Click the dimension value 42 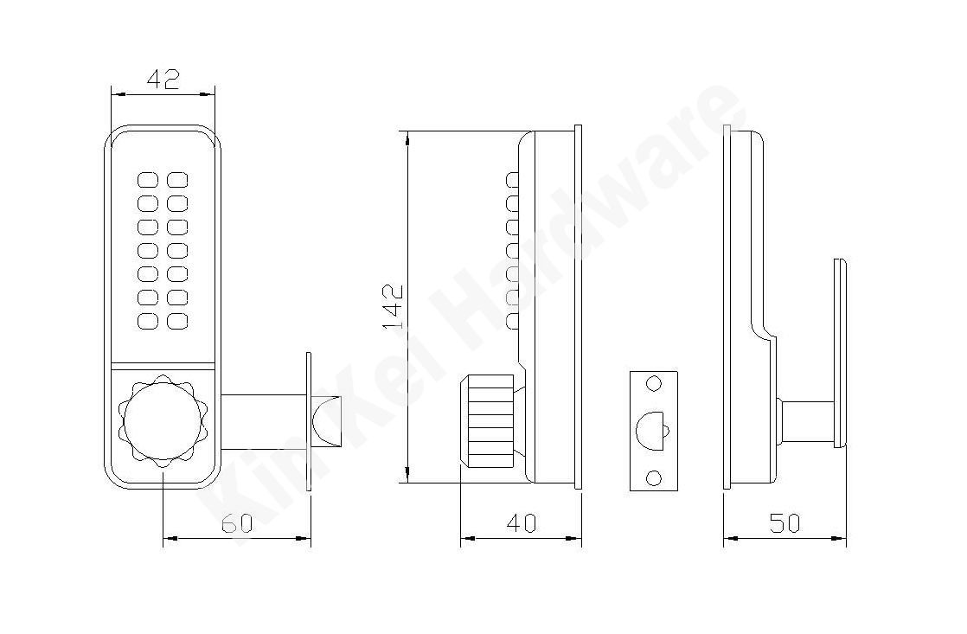pos(163,80)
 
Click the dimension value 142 pos(394,307)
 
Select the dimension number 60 pos(236,522)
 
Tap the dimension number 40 pos(521,522)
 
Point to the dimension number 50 pos(784,522)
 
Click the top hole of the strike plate pos(654,383)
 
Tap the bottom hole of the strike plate pos(654,477)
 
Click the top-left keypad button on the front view pos(146,180)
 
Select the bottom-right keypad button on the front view pos(177,322)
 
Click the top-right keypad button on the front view pos(177,180)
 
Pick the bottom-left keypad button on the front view pos(146,322)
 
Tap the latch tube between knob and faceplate pos(261,418)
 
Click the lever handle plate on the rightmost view pos(839,353)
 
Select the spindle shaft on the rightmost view pos(804,419)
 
